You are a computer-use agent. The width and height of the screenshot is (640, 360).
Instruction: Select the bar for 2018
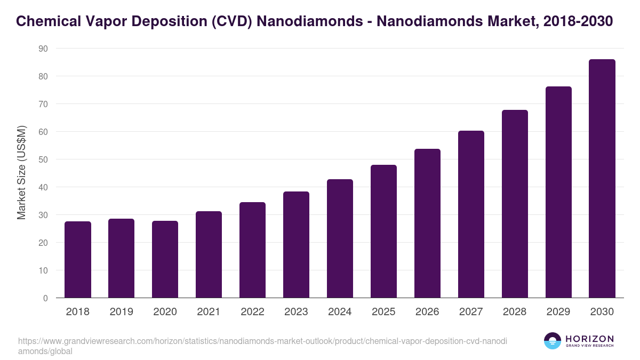[x=78, y=260]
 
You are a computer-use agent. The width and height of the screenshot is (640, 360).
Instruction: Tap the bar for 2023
[x=296, y=245]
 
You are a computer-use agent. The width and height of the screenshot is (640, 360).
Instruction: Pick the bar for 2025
[x=383, y=231]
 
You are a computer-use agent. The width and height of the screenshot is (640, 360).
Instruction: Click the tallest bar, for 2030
[x=602, y=179]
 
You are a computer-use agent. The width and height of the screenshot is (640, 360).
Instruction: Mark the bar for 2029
[x=558, y=192]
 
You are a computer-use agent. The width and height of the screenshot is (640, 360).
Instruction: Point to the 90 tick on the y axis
[x=43, y=49]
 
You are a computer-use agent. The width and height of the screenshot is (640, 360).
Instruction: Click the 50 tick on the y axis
[x=43, y=159]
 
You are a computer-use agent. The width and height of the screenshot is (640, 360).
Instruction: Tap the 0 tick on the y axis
[x=45, y=298]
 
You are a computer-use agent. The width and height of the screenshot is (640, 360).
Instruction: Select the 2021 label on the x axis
[x=209, y=312]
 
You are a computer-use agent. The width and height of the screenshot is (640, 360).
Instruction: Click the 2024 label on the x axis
[x=340, y=312]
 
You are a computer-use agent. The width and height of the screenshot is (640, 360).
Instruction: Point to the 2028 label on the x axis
[x=515, y=312]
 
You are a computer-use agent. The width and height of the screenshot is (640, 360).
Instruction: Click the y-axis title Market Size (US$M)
[x=22, y=173]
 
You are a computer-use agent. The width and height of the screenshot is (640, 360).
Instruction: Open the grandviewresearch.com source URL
[x=262, y=341]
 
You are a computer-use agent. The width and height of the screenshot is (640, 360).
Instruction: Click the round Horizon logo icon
[x=552, y=341]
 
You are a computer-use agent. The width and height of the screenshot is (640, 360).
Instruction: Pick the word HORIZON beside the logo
[x=589, y=338]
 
